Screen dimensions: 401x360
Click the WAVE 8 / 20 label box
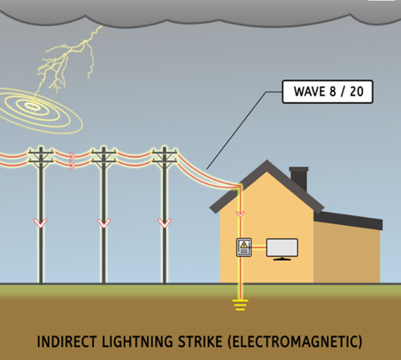(x=327, y=92)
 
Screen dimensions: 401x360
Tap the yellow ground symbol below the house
(x=240, y=305)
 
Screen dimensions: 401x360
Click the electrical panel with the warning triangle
(x=244, y=247)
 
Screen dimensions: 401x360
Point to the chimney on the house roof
(x=299, y=179)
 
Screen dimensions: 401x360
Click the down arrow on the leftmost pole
(x=41, y=223)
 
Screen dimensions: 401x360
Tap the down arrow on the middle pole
(x=104, y=223)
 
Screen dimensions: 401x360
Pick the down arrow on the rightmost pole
(x=165, y=223)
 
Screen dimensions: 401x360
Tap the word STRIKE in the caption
(x=200, y=341)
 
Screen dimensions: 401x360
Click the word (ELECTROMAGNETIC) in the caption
(x=295, y=341)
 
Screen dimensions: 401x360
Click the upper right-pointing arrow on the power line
(x=72, y=156)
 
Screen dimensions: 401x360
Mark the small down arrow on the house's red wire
(x=240, y=214)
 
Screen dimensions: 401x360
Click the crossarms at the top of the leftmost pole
(x=41, y=156)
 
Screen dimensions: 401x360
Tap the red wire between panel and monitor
(x=259, y=247)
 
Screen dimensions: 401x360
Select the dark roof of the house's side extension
(x=348, y=220)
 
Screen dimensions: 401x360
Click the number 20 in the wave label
(x=356, y=92)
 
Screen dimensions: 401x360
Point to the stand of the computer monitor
(x=282, y=259)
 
